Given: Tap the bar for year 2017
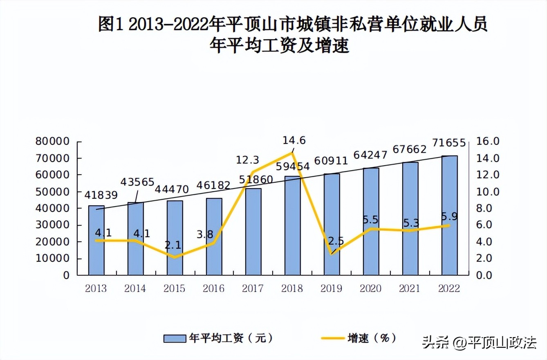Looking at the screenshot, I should click(x=253, y=232).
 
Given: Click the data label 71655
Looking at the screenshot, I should click(x=448, y=143).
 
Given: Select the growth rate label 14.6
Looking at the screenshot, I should click(x=294, y=140).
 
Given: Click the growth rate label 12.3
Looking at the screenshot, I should click(x=247, y=159).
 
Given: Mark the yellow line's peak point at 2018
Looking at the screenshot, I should click(x=292, y=153).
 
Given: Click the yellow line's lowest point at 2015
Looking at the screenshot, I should click(x=175, y=257).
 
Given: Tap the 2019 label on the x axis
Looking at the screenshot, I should click(x=331, y=288).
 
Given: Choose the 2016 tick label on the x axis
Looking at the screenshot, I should click(x=213, y=288).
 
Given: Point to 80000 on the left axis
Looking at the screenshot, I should click(x=54, y=142).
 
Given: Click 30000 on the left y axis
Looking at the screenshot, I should click(x=54, y=225).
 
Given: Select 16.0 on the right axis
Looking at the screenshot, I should click(x=486, y=142).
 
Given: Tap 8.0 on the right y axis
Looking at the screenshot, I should click(x=486, y=208).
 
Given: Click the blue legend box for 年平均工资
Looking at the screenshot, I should click(x=175, y=338).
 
